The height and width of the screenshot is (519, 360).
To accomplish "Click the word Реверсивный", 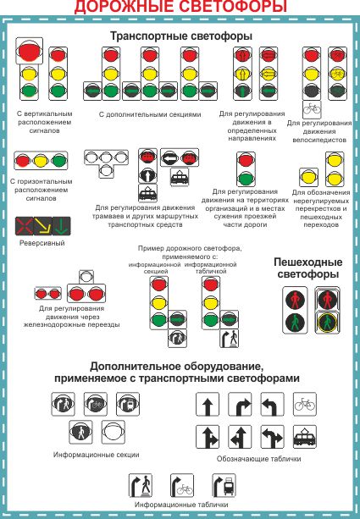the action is (x=42, y=243).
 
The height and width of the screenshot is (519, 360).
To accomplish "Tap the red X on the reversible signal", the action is (x=25, y=226).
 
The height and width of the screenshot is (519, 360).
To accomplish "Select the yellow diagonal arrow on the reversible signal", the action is (x=43, y=226).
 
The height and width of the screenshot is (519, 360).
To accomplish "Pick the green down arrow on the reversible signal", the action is (x=62, y=226).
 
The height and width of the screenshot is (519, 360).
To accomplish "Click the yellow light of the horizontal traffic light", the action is (x=41, y=161).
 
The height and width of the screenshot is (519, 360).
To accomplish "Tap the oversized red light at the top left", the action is (x=29, y=52).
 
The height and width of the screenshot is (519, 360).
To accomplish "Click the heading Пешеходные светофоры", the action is (x=308, y=268).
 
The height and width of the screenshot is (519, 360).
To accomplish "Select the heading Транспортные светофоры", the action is (x=180, y=36).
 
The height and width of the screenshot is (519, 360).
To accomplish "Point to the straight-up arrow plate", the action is (x=208, y=404).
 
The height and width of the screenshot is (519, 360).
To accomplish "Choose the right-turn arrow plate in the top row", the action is (x=240, y=404).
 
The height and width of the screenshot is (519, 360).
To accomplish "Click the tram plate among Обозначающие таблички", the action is (x=305, y=437).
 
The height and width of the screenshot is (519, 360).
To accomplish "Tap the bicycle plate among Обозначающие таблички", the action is (x=305, y=404).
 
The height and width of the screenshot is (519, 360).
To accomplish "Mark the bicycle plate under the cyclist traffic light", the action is (x=312, y=109).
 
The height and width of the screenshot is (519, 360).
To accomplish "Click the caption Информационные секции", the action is (x=96, y=455).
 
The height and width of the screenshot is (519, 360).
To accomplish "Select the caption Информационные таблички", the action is (x=181, y=505).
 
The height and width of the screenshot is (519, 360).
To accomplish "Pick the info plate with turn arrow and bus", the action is (x=224, y=486).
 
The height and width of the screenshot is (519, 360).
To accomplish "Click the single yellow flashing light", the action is (x=308, y=177).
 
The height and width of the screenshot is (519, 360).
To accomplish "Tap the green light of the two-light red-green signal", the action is (x=246, y=179).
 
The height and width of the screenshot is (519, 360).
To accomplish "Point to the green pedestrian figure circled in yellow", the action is (x=327, y=322).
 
